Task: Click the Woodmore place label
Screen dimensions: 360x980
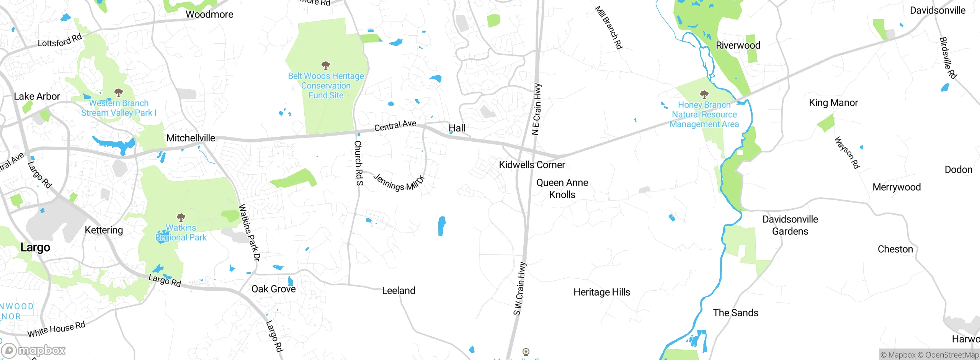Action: (x=209, y=15)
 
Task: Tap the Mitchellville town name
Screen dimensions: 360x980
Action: (x=191, y=138)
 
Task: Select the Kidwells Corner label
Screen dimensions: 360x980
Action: (x=532, y=165)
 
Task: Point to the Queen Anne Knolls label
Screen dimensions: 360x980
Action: (x=562, y=188)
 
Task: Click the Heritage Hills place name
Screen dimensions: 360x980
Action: (x=601, y=292)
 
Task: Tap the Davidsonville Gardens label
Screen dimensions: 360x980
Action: (x=790, y=225)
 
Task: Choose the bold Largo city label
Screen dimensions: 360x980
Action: (x=35, y=247)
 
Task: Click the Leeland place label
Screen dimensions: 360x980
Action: (x=399, y=291)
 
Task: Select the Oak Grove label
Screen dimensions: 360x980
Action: (x=273, y=289)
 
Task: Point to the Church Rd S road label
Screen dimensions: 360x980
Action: (x=358, y=163)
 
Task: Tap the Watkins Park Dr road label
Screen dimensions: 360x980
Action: (x=249, y=232)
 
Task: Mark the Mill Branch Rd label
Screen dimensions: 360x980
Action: (x=609, y=28)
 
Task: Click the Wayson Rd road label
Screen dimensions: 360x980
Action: (x=847, y=152)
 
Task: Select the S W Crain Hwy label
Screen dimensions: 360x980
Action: (x=519, y=289)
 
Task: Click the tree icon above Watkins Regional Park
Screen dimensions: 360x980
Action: (x=181, y=218)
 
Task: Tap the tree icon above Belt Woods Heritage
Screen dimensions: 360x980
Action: (x=326, y=65)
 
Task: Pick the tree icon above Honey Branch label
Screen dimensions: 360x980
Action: (x=704, y=94)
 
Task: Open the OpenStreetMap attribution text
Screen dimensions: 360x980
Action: (x=948, y=355)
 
